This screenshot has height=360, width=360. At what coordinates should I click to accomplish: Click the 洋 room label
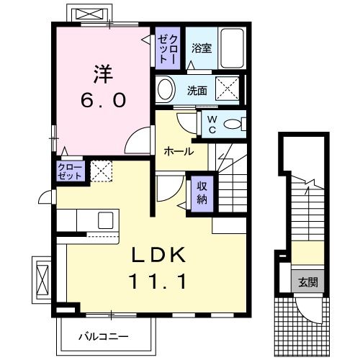tap(101, 74)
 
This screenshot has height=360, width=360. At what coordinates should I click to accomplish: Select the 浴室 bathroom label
tap(202, 49)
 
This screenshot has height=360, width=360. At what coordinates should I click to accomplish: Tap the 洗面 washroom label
tap(197, 91)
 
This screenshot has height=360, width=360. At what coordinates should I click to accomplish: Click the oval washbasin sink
tap(166, 91)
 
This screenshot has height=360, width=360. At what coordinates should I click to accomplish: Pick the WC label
tap(214, 123)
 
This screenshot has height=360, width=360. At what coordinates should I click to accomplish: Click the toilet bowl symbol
tap(234, 124)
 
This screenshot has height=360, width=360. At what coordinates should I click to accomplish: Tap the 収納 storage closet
tap(202, 192)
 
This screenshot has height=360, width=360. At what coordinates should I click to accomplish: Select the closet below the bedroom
tap(71, 171)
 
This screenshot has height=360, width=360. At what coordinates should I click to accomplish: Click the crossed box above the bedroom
tap(88, 14)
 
